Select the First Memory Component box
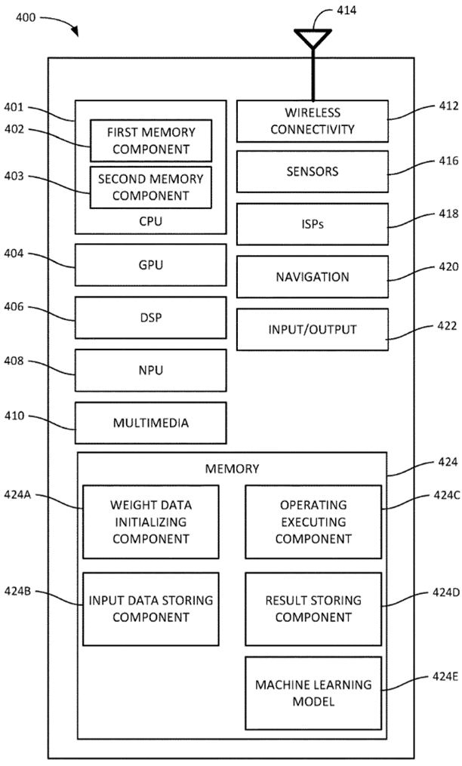pos(150,140)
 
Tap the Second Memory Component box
pos(150,187)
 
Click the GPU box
pos(150,266)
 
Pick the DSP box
pos(150,318)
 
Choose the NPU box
pos(150,371)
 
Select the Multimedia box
pos(150,423)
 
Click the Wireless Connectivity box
pos(313,121)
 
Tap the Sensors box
pos(313,171)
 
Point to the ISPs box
pos(313,223)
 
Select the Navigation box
pos(313,276)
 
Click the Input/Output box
pos(313,329)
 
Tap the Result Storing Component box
pos(313,608)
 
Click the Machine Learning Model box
pos(313,693)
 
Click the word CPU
pos(150,221)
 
